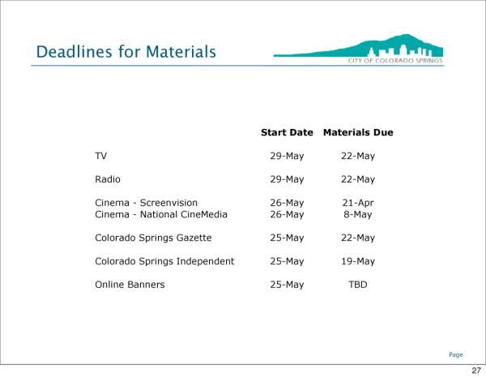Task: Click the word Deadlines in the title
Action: (74, 52)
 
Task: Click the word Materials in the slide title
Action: (181, 52)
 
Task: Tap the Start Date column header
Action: (287, 132)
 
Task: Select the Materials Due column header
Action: (358, 132)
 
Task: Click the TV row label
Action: (100, 156)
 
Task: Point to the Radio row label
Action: (108, 179)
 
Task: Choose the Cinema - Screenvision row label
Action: (146, 203)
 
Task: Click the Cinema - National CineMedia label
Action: (161, 214)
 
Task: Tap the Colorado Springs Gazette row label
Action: (153, 238)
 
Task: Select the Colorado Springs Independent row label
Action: (164, 261)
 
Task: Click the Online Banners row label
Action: (130, 285)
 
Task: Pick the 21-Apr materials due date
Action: (358, 203)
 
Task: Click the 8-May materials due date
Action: (358, 214)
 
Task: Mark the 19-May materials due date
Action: (358, 261)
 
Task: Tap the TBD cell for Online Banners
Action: (358, 285)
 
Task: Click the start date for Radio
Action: (287, 179)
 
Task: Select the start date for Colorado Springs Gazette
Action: (287, 238)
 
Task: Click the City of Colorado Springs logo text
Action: (395, 61)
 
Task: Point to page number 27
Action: (476, 370)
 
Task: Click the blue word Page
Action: (455, 354)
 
